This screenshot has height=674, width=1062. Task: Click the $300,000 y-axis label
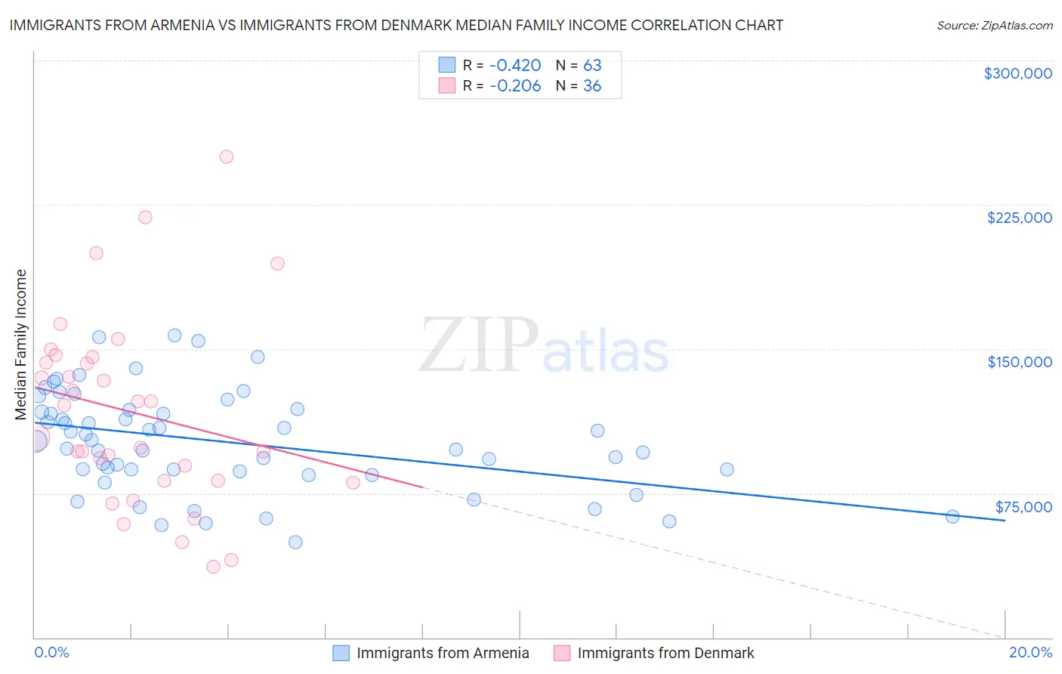1017,73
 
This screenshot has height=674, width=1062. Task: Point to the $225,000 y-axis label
1019,218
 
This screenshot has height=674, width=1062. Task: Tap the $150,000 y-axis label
1019,362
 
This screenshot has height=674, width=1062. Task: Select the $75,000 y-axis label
1023,507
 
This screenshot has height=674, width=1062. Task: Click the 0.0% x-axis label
51,652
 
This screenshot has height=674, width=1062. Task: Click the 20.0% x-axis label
1030,652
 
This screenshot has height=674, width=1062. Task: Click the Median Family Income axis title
21,345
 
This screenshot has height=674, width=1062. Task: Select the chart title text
396,25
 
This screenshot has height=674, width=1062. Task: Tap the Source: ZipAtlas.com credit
994,25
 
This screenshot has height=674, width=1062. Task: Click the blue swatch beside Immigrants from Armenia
341,653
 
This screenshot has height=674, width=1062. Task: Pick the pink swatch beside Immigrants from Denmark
562,653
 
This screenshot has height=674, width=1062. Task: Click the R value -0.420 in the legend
515,66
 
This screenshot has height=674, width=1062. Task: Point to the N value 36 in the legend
592,86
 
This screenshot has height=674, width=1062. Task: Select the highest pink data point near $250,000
227,157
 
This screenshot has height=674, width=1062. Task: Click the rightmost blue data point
952,517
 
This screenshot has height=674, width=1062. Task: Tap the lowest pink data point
213,567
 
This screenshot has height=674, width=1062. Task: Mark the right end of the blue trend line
1005,521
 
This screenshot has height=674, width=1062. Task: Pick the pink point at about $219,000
145,218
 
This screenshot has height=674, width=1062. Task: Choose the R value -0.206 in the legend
515,86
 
